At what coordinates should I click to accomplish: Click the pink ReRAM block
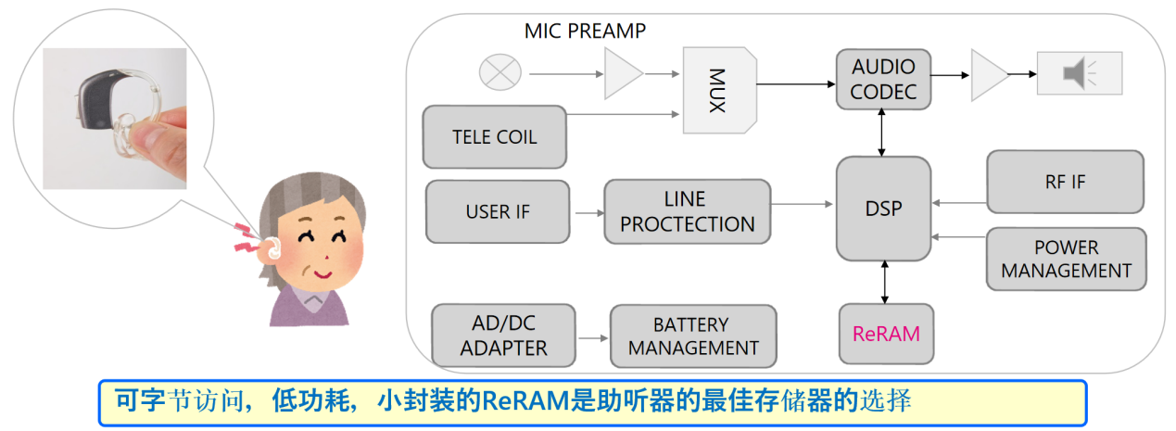click(886, 334)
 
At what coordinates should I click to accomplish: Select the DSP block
click(883, 209)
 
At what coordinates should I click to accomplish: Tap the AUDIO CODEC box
click(883, 79)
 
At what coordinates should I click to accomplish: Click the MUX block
click(719, 91)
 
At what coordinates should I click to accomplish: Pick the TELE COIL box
click(494, 136)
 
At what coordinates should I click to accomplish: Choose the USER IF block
click(498, 211)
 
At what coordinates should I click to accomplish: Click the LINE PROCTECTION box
click(687, 211)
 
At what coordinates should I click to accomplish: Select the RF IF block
click(1065, 183)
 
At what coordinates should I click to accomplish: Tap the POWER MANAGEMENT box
click(1066, 260)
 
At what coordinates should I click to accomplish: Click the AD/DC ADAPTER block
click(503, 336)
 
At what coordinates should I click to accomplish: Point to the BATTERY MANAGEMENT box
click(692, 336)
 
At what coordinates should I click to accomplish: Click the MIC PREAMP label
click(585, 32)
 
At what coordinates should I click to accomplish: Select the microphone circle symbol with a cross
click(500, 72)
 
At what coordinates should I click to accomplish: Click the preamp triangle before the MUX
click(622, 73)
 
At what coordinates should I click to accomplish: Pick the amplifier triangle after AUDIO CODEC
click(988, 74)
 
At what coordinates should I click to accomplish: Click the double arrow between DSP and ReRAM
click(885, 282)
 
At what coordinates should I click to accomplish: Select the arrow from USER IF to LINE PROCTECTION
click(586, 212)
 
